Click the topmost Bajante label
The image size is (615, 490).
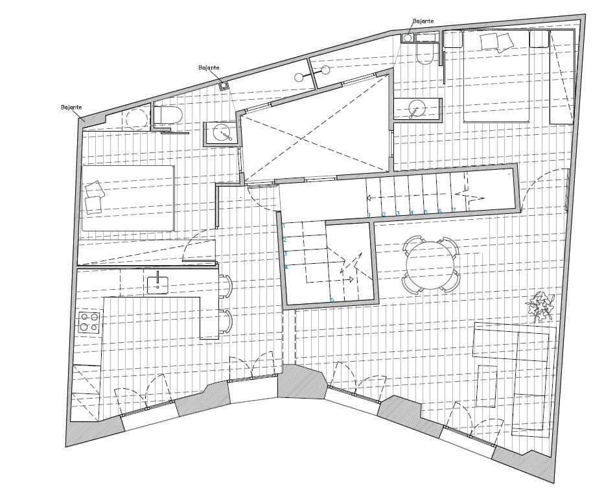pyautogui.click(x=423, y=21)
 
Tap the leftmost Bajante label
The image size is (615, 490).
pyautogui.click(x=71, y=107)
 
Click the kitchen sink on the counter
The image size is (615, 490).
pyautogui.click(x=157, y=282)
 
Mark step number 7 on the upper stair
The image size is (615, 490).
pyautogui.click(x=454, y=209)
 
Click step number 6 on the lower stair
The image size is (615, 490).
pyautogui.click(x=332, y=299)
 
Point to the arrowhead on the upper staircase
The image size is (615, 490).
pyautogui.click(x=369, y=198)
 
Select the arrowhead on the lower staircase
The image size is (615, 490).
pyautogui.click(x=351, y=280)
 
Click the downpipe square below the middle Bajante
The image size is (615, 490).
pyautogui.click(x=223, y=85)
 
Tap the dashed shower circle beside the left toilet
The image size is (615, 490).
pyautogui.click(x=137, y=119)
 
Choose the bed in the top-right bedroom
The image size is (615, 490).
pyautogui.click(x=496, y=76)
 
